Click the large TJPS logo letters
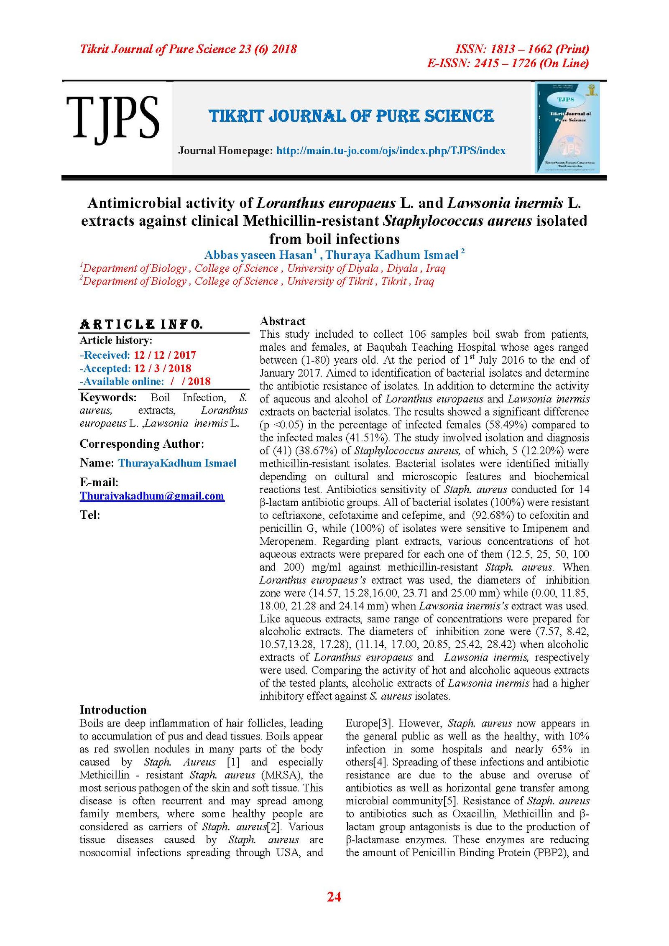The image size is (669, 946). tap(112, 118)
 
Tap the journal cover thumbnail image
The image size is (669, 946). tap(567, 127)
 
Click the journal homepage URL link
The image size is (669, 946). tap(391, 151)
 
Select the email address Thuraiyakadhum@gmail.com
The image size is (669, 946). tap(152, 496)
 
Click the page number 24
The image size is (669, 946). tap(334, 896)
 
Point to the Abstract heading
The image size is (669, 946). tap(282, 321)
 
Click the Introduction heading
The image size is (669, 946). tap(113, 709)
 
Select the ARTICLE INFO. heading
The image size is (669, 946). tap(141, 324)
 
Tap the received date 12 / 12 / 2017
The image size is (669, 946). tap(165, 355)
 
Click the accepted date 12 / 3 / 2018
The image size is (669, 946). tap(162, 368)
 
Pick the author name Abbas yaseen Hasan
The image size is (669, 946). tap(258, 255)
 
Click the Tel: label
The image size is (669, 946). tap(90, 515)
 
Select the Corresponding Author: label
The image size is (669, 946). tap(142, 444)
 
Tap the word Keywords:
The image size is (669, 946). tap(108, 397)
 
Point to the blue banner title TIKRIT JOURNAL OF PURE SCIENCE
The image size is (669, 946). tap(351, 116)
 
